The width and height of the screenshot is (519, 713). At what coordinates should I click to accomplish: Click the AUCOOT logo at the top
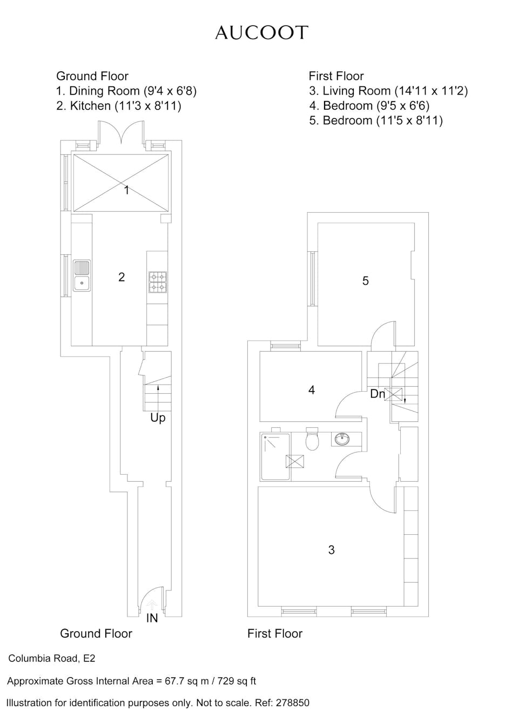[x=261, y=33]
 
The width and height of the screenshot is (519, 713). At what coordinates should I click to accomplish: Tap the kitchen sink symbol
[x=82, y=275]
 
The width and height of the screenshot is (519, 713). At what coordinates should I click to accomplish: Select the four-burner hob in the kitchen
[x=158, y=282]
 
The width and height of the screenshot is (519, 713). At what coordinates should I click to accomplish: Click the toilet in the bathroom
[x=312, y=439]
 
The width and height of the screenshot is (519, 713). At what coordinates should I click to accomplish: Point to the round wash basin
[x=342, y=440]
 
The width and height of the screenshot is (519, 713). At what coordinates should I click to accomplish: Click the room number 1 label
[x=127, y=190]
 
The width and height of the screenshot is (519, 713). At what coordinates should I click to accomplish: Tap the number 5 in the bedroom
[x=366, y=281]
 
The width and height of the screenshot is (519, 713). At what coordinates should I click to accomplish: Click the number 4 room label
[x=312, y=390]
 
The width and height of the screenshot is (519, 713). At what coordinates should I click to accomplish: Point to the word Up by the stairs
[x=158, y=418]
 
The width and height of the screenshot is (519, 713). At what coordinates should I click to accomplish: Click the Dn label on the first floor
[x=378, y=394]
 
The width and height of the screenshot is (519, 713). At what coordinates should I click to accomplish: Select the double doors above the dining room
[x=121, y=132]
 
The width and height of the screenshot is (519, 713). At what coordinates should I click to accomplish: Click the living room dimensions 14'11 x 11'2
[x=431, y=91]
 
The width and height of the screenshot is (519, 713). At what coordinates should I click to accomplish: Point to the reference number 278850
[x=293, y=703]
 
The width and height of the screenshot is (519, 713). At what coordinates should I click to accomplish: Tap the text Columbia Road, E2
[x=51, y=658]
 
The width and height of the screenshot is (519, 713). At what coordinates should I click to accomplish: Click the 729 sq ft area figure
[x=236, y=681]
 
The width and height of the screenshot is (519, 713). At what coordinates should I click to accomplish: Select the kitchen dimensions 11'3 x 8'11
[x=148, y=106]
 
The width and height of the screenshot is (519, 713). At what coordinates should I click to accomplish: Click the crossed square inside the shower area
[x=295, y=461]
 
